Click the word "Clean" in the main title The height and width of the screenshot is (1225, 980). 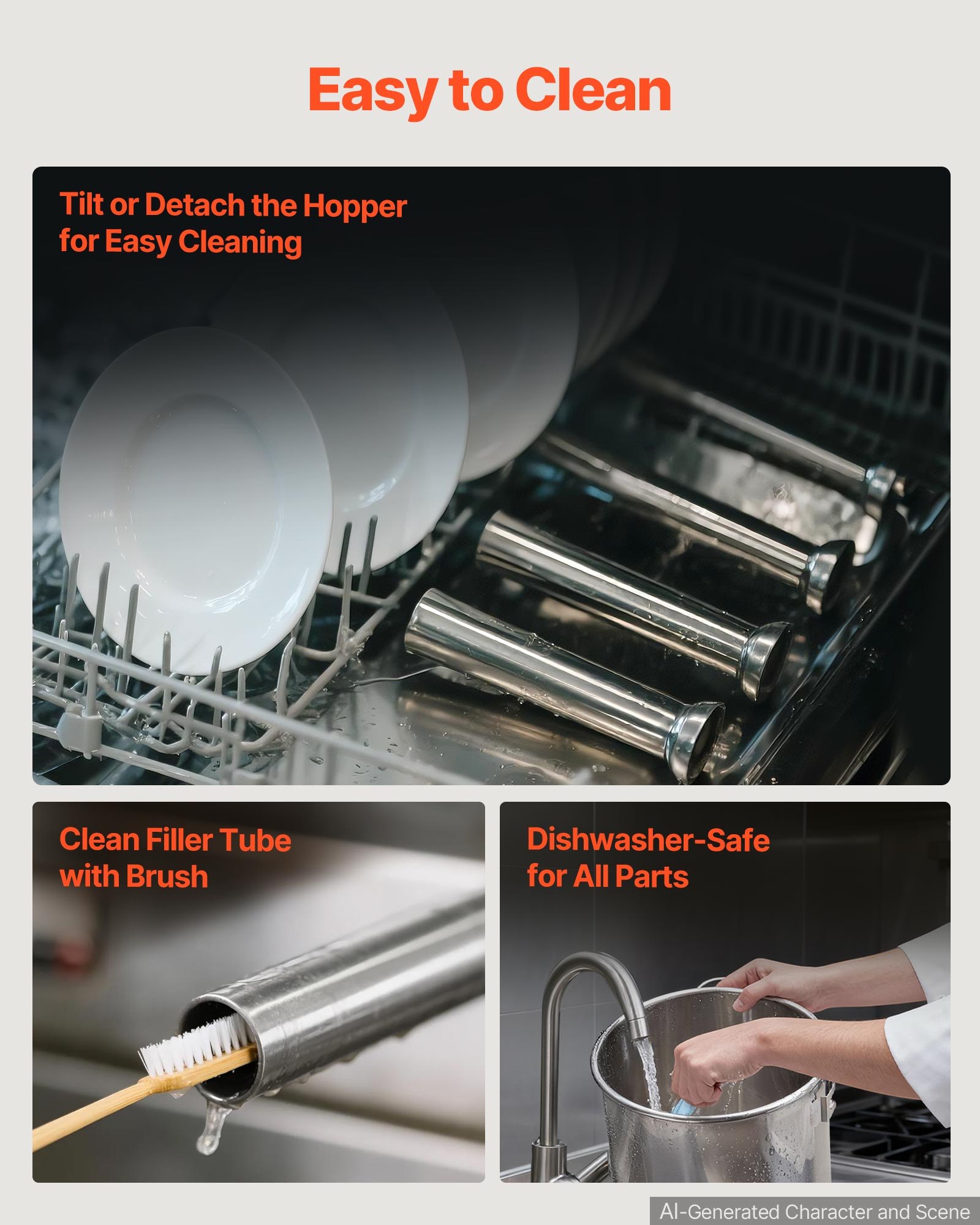(593, 90)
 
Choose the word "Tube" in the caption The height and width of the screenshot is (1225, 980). (255, 840)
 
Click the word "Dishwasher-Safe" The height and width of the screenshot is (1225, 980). (648, 840)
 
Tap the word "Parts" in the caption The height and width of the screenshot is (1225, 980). (652, 876)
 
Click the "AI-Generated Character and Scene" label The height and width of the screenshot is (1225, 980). (815, 1212)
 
